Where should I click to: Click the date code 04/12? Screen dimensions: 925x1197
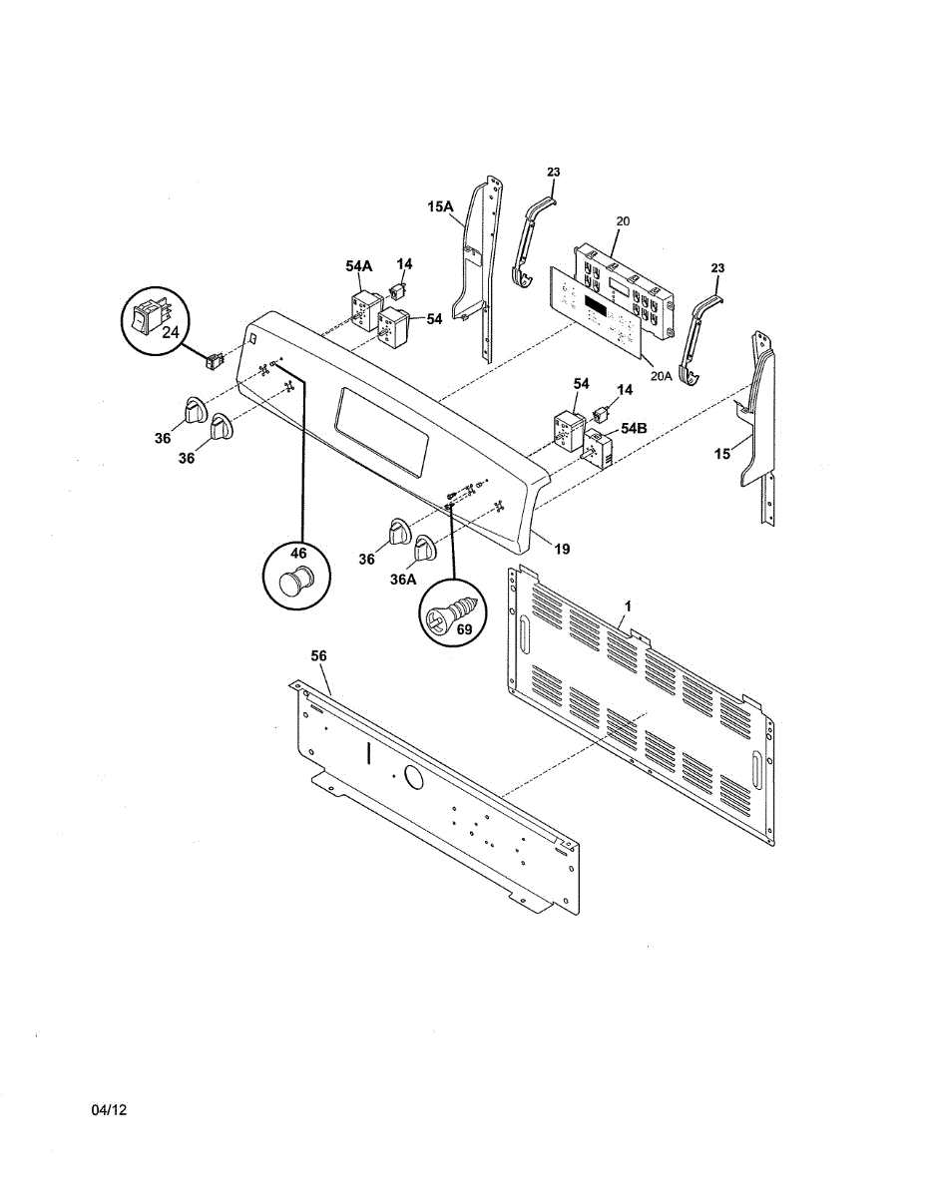tap(111, 1110)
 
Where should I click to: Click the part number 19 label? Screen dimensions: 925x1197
tap(562, 549)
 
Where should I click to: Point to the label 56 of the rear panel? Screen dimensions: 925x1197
tap(318, 655)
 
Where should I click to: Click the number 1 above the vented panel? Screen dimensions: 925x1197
tap(628, 605)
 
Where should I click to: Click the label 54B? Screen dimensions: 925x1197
tap(634, 427)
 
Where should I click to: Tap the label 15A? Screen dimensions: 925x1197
tap(440, 206)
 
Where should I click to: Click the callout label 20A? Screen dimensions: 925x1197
tap(661, 377)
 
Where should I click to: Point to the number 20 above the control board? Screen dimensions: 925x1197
tap(623, 220)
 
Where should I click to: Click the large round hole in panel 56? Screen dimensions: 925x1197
tap(411, 776)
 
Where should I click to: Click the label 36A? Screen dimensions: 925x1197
tap(403, 578)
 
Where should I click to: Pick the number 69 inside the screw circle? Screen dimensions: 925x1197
tap(463, 629)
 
